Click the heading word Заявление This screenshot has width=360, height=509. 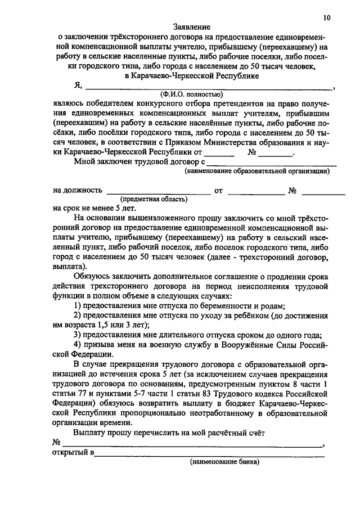pos(192,26)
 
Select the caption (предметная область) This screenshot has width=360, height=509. pos(153,199)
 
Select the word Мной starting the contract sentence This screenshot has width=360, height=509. pos(84,162)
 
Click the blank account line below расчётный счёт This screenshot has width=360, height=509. pos(191,445)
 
